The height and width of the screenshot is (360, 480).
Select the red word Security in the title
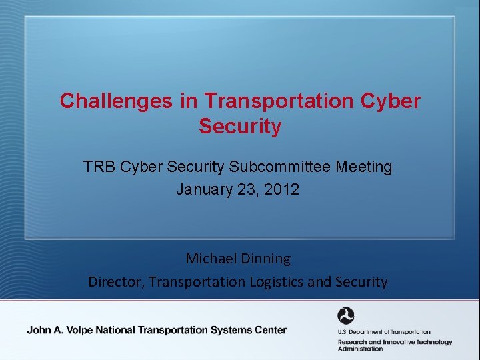click(x=240, y=127)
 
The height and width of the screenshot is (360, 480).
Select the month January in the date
click(x=205, y=189)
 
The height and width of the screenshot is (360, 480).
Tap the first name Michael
click(x=211, y=258)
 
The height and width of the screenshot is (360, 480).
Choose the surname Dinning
click(x=267, y=258)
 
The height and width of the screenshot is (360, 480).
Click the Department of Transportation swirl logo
click(x=346, y=316)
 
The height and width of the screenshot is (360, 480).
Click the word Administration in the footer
click(x=360, y=349)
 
